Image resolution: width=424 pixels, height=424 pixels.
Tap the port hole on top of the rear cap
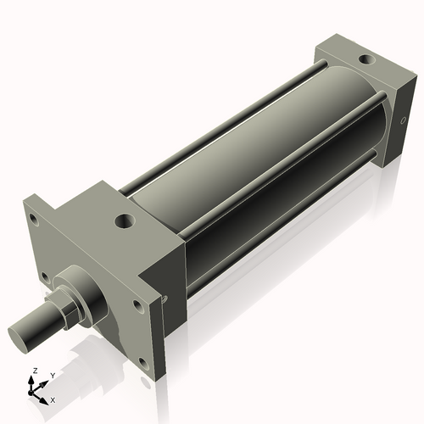pyautogui.click(x=365, y=60)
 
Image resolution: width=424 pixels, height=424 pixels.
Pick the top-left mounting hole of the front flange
pyautogui.click(x=33, y=218)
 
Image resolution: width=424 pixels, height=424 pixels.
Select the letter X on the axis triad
pyautogui.click(x=53, y=399)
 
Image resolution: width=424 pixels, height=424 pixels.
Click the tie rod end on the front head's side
pyautogui.click(x=165, y=298)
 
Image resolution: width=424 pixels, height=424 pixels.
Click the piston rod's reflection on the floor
pyautogui.click(x=51, y=356)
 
